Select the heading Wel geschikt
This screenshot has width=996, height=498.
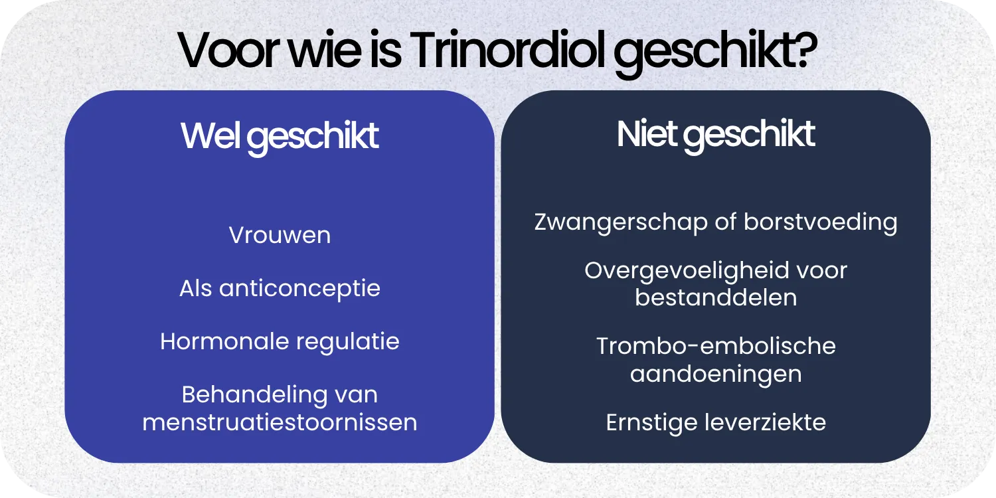(x=280, y=136)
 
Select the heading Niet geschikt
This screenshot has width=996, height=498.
(x=716, y=134)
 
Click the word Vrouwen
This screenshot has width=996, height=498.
(x=280, y=236)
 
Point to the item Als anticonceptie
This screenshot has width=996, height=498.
(x=280, y=289)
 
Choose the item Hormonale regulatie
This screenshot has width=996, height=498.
(x=280, y=342)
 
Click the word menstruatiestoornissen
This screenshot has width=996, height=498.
(x=280, y=422)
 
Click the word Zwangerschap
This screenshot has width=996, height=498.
(x=621, y=222)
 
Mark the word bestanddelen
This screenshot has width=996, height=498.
(x=716, y=297)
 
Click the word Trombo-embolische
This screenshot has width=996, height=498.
(x=716, y=347)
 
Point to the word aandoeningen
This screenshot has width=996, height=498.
(x=716, y=374)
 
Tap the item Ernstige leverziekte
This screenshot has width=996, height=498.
(x=716, y=422)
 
